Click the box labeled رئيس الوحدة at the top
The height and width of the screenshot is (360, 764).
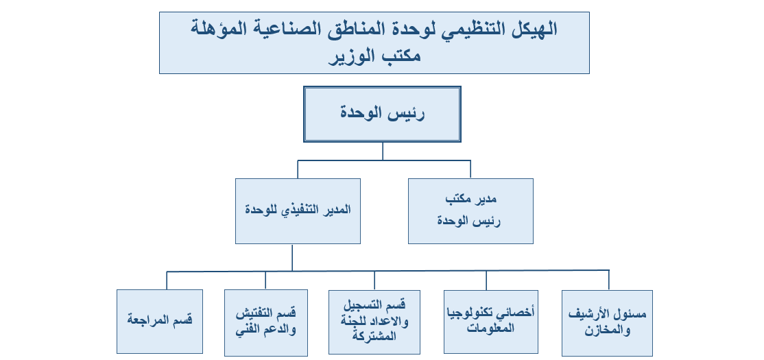[382, 114]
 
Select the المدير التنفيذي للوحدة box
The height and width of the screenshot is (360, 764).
[298, 211]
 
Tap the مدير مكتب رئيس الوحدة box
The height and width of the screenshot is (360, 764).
[470, 211]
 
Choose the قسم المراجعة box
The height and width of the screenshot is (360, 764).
[160, 322]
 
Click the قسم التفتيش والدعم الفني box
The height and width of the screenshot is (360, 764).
[266, 323]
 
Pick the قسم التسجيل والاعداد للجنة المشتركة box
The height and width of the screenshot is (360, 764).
[374, 322]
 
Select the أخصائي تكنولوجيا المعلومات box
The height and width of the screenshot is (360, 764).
[490, 322]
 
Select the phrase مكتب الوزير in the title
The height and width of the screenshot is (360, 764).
[374, 56]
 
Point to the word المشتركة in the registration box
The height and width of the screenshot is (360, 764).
[374, 335]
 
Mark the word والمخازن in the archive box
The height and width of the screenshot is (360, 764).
[607, 331]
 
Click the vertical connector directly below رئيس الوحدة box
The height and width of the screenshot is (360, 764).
[383, 152]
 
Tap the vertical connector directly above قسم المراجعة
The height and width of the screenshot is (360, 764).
[167, 280]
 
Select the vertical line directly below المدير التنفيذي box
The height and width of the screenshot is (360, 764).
[292, 258]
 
